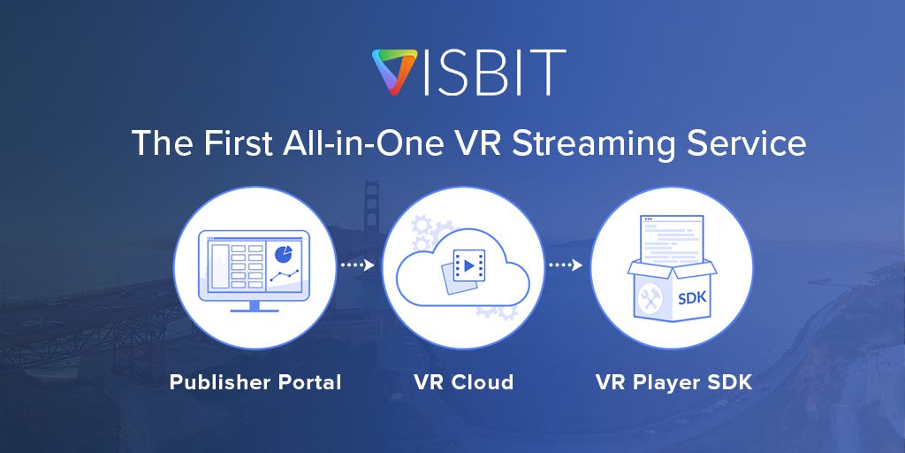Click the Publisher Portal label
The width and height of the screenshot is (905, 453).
255,382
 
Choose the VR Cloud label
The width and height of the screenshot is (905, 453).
463,382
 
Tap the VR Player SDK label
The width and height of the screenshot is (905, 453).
673,382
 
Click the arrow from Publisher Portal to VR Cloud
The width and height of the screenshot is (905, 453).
357,265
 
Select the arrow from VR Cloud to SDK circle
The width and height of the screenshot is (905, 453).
566,265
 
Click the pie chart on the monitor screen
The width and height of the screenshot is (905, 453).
284,253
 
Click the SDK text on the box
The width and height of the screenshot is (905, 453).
691,296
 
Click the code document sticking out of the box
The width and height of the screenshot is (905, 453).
672,236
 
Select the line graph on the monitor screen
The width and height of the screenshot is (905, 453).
284,277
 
